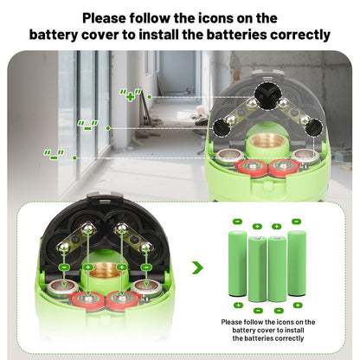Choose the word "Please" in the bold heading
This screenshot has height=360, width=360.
[104, 18]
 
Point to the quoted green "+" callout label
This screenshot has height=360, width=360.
[131, 95]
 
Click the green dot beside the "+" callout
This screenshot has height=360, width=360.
[150, 97]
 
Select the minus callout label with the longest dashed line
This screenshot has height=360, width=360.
[54, 155]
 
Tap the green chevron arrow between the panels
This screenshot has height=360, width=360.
[197, 268]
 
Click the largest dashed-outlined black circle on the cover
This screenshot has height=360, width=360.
[267, 95]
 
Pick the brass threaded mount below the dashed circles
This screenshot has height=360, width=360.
[267, 143]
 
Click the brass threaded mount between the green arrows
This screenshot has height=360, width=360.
[105, 271]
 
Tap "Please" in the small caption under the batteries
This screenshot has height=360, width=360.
[232, 322]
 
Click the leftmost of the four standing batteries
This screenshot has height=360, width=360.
[238, 264]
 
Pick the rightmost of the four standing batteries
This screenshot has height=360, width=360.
[297, 263]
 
